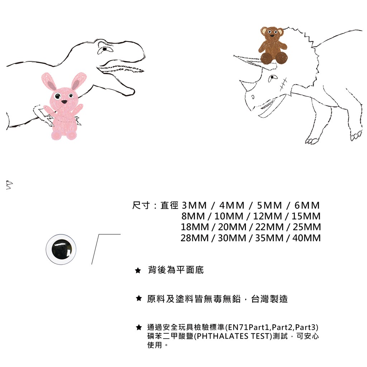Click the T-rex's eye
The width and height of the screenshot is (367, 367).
coord(104,49)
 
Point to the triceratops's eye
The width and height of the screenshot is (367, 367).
coord(272,78)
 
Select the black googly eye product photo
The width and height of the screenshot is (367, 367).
coord(61,249)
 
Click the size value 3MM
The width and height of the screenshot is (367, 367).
coord(194,205)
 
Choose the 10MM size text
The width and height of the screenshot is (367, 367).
coord(229,216)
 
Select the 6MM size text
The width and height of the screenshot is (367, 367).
coord(307,205)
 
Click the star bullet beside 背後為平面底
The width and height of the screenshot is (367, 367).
coord(138,271)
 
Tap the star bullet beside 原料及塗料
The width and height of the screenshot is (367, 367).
coord(139,298)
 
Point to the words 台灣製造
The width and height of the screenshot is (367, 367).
coord(270,299)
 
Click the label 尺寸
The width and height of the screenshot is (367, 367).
coord(141,205)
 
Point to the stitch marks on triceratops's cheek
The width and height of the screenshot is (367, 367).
coord(283,84)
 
